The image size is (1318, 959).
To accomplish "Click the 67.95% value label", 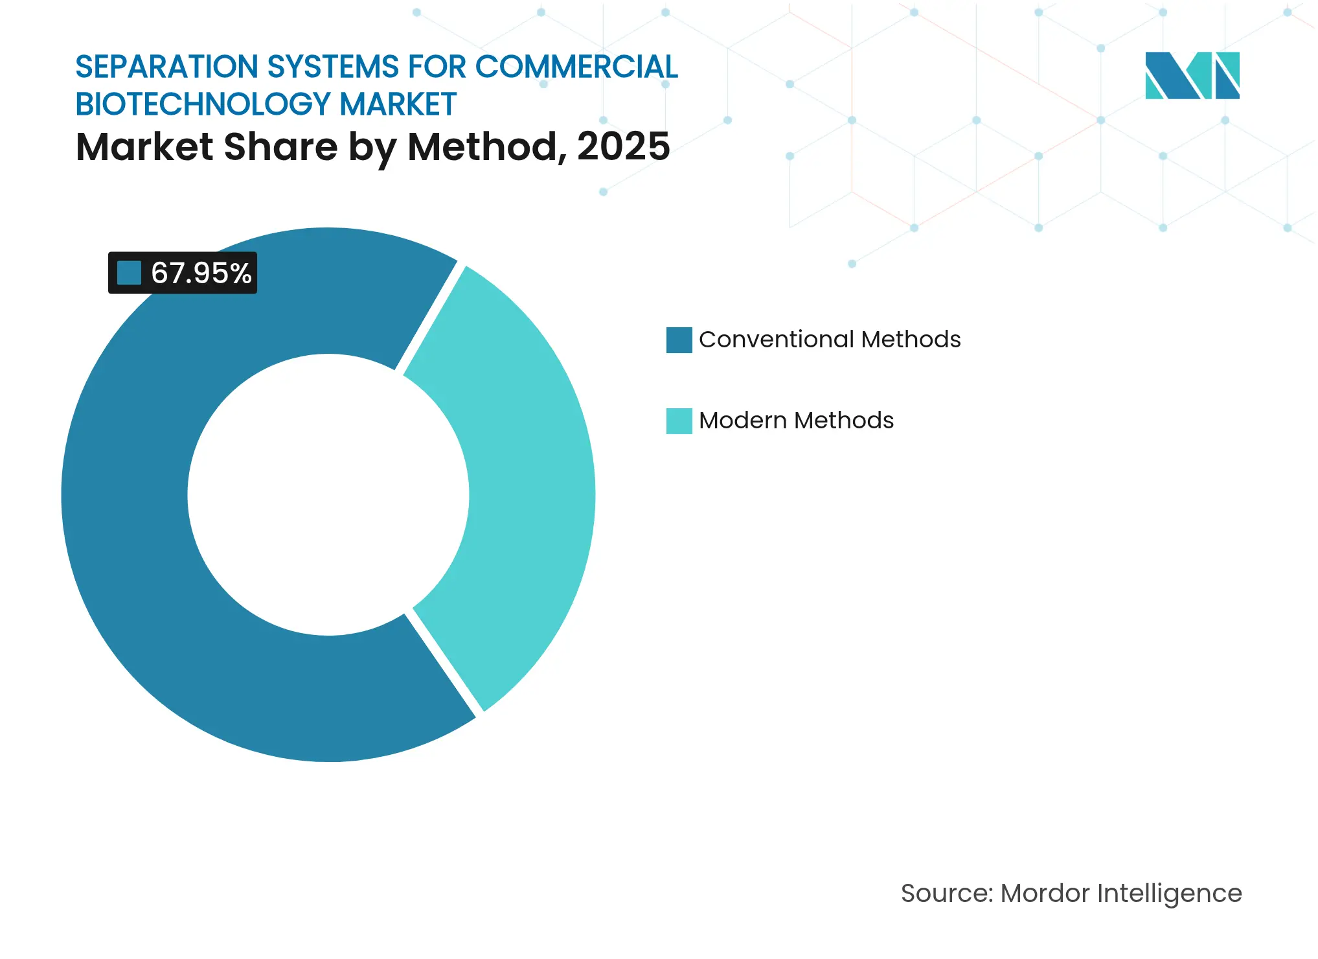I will tap(201, 273).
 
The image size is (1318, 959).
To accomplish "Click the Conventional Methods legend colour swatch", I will tap(679, 340).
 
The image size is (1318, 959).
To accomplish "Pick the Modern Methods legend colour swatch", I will tap(679, 421).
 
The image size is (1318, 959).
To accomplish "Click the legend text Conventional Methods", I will tap(829, 340).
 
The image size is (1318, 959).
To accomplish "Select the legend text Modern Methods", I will tap(796, 421).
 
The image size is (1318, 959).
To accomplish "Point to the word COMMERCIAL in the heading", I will tap(576, 67).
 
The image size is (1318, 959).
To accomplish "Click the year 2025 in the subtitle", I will tap(623, 146).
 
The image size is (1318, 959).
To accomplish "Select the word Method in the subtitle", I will tap(482, 146).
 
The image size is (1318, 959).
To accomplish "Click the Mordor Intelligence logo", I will tap(1192, 75).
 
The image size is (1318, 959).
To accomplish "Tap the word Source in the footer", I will tap(946, 894).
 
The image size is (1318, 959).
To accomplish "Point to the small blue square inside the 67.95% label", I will tap(129, 273).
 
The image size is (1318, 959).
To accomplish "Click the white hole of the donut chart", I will tap(328, 494).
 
